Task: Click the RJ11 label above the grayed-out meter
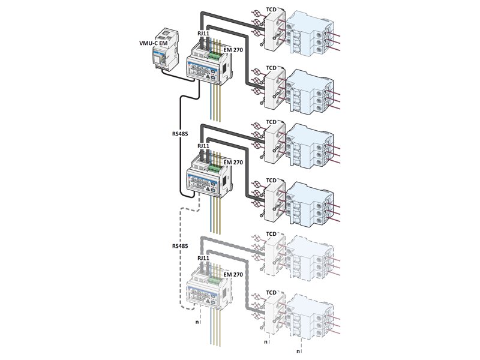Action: (203, 259)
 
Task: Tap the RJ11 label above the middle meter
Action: (203, 146)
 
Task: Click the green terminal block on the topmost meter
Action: (214, 56)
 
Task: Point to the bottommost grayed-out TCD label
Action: (271, 293)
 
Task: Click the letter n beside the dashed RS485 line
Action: (197, 322)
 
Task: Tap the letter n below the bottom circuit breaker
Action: (298, 343)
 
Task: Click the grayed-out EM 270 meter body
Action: (207, 291)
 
